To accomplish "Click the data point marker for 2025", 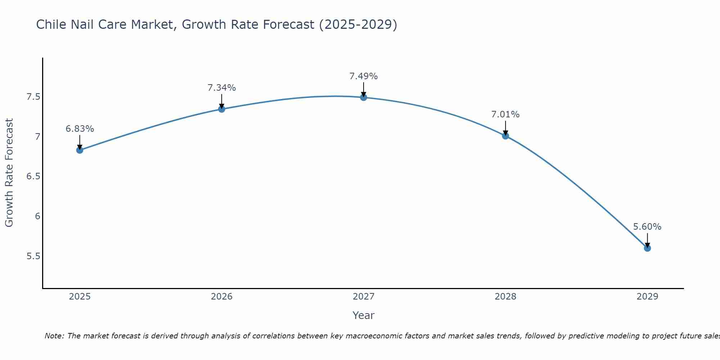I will [x=80, y=150].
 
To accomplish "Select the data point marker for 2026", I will [x=222, y=109].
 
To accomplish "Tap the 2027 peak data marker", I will [x=364, y=97].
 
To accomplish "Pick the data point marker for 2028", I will [x=505, y=136].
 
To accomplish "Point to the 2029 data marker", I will [x=647, y=248].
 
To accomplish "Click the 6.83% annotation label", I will [x=80, y=129].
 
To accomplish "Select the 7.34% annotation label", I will [x=222, y=88].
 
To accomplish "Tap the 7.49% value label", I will [x=364, y=76].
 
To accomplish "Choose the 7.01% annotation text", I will [x=505, y=114].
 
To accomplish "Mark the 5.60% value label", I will [x=647, y=227].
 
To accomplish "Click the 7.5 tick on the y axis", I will [x=33, y=97].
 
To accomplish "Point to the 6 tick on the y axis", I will [x=37, y=216].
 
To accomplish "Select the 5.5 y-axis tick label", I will [x=33, y=256].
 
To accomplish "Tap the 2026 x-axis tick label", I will [x=222, y=297].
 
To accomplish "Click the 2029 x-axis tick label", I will [x=647, y=297].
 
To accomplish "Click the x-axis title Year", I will [x=364, y=315].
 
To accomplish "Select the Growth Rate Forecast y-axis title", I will [x=9, y=173].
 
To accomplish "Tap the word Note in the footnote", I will [x=54, y=336].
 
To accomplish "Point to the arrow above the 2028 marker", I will [x=505, y=127].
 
